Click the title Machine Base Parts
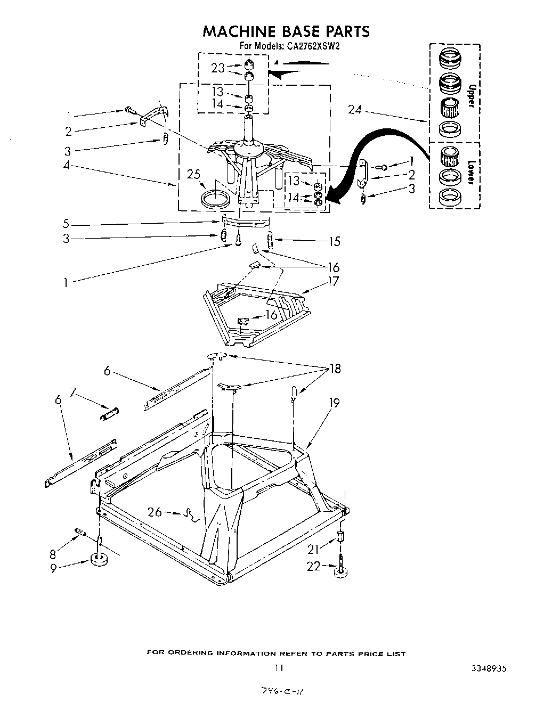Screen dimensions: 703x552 [x=286, y=31]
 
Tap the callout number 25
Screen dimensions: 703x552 [x=193, y=174]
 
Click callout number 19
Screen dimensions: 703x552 [x=334, y=403]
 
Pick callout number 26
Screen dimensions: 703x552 [x=155, y=512]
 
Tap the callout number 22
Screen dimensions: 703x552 [x=314, y=566]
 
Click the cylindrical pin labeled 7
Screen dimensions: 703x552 [x=110, y=413]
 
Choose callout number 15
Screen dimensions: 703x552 [x=334, y=241]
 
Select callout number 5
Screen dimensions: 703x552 [x=65, y=223]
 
